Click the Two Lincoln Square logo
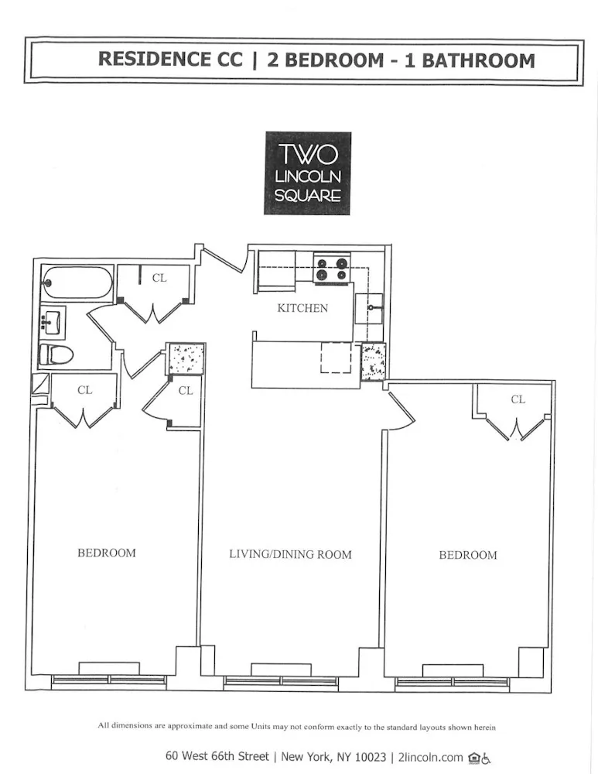[307, 173]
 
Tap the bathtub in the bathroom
[77, 283]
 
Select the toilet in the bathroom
[56, 355]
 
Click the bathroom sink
[53, 320]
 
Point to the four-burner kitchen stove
[332, 269]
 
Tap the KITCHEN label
[302, 308]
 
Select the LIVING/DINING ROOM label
[290, 554]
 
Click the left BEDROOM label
[106, 553]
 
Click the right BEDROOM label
[468, 555]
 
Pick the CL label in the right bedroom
[518, 399]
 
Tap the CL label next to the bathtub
[159, 278]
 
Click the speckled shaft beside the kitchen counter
[373, 361]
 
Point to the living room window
[281, 680]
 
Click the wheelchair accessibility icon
[487, 758]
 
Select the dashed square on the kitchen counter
[336, 358]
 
